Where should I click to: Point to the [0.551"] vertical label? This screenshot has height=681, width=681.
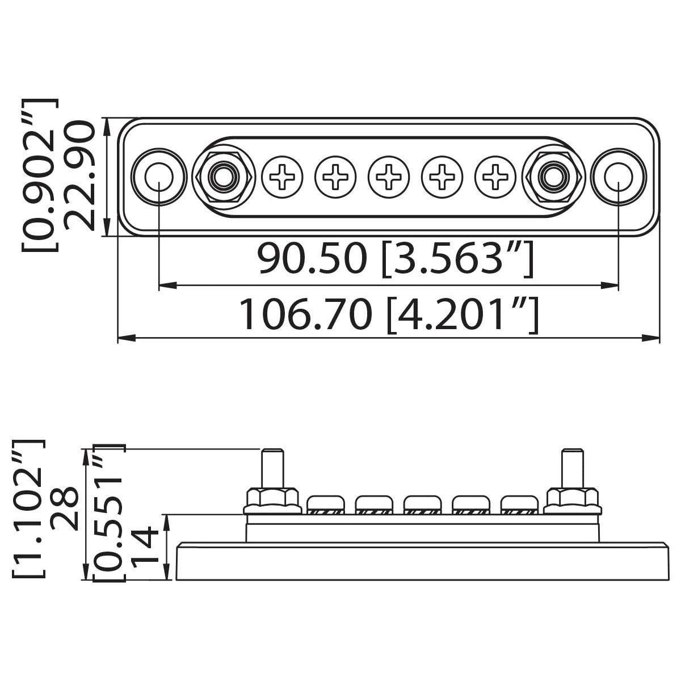click(x=108, y=514)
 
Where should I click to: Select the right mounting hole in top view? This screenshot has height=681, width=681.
click(x=618, y=176)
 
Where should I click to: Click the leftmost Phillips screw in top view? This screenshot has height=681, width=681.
click(x=283, y=176)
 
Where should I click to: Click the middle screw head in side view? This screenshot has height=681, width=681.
click(x=422, y=503)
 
